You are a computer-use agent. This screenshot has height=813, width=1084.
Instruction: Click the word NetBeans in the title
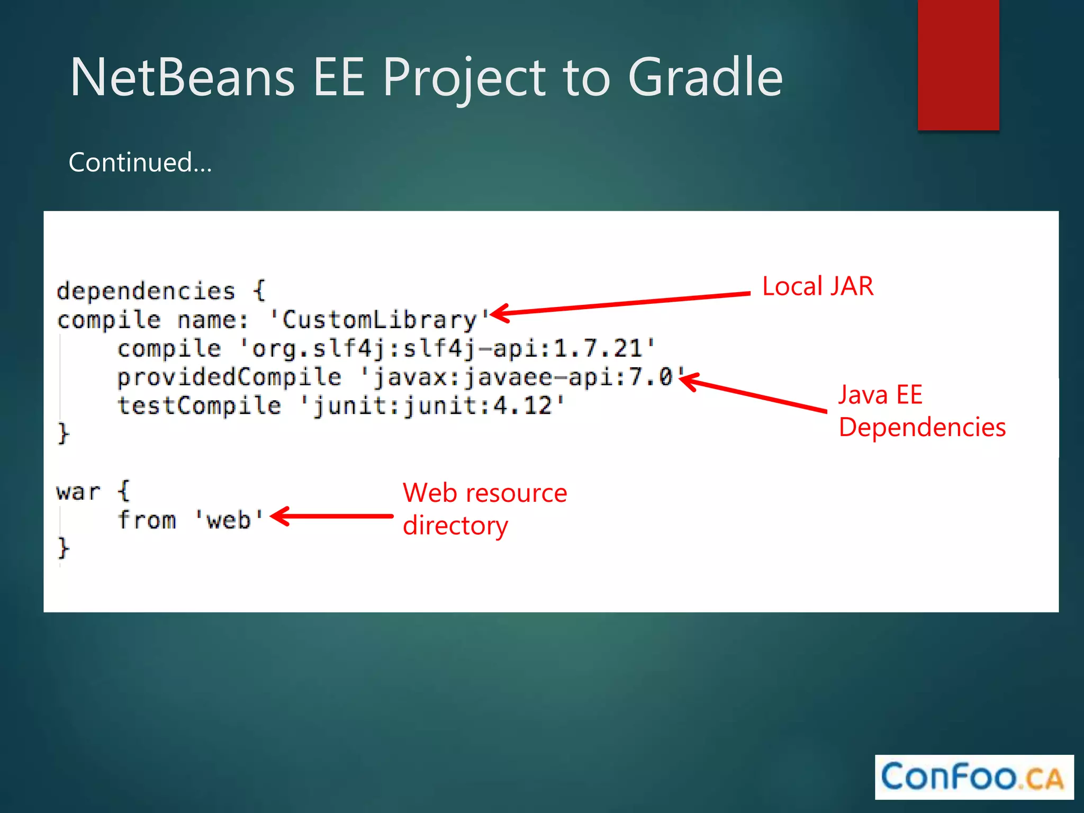[x=182, y=77]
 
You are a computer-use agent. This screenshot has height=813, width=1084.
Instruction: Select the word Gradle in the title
[x=705, y=77]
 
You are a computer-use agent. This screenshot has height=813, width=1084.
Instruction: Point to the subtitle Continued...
[x=140, y=162]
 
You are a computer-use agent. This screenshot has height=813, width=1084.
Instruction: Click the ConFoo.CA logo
[x=973, y=777]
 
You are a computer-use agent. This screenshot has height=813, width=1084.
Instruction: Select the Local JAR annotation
[x=817, y=286]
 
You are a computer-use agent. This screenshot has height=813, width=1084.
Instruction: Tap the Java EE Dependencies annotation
[x=922, y=411]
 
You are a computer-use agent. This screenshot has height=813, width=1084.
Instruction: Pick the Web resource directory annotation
[x=484, y=509]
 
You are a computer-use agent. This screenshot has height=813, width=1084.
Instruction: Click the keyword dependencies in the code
[x=146, y=291]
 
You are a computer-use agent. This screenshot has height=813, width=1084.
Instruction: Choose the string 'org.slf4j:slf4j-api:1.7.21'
[x=448, y=349]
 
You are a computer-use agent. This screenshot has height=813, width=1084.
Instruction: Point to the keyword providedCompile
[x=229, y=377]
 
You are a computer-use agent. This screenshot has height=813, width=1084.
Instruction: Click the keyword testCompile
[x=199, y=406]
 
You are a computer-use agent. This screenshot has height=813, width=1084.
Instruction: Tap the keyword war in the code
[x=78, y=492]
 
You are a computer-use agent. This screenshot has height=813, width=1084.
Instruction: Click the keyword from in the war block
[x=147, y=520]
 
